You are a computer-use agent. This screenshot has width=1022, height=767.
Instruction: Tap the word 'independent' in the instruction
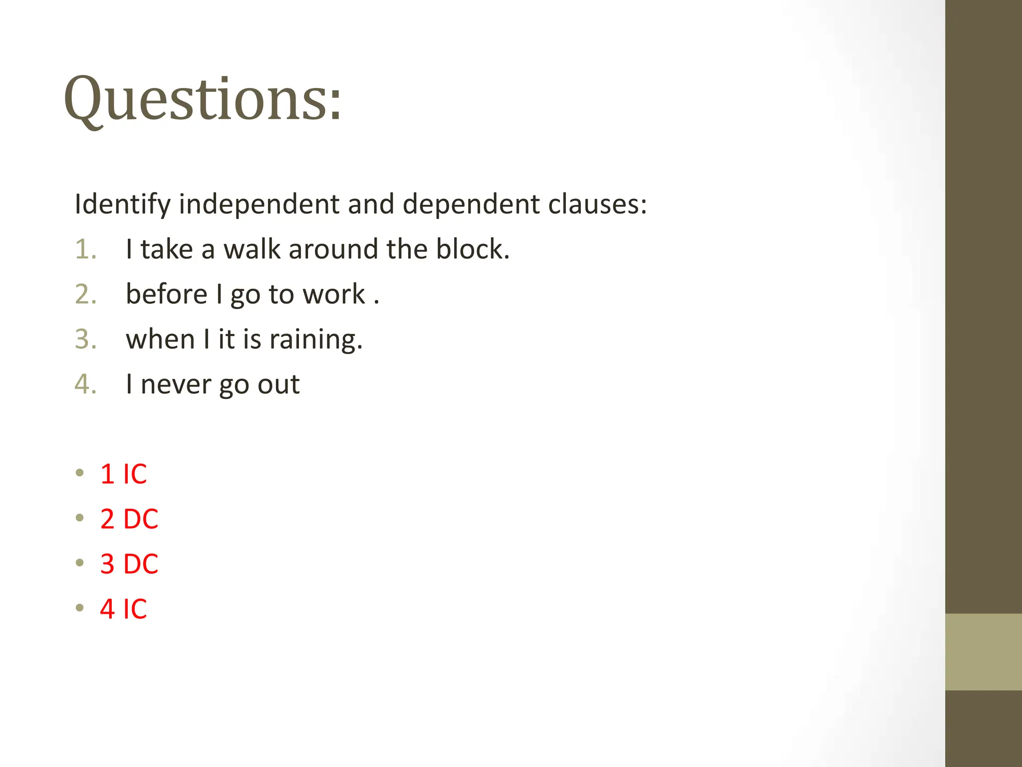(259, 204)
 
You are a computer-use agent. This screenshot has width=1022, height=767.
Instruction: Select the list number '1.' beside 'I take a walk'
(85, 249)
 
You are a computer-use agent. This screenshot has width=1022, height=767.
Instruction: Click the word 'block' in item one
(472, 249)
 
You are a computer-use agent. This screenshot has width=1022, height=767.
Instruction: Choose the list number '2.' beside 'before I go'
(85, 294)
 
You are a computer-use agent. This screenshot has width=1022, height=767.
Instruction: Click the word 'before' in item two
(166, 294)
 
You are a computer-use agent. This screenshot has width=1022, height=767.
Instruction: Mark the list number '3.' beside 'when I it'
(85, 340)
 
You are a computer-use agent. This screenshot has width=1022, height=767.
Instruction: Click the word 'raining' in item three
(315, 340)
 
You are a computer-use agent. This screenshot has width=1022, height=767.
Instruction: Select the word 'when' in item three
(160, 340)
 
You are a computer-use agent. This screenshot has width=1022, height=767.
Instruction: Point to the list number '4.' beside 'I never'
(85, 384)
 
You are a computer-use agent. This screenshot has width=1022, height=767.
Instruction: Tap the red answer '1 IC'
(123, 474)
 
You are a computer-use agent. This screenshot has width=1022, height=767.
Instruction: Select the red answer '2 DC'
(129, 519)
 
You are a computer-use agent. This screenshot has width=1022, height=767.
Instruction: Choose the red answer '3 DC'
(129, 564)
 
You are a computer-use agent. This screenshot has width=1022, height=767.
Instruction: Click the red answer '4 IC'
(123, 609)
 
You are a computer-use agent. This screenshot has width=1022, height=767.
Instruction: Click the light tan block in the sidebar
(983, 652)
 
